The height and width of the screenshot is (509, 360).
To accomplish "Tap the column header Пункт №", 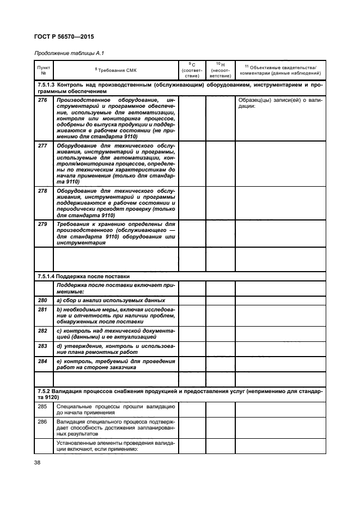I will coord(44,70).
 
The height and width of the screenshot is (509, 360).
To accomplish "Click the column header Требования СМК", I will coord(116,70).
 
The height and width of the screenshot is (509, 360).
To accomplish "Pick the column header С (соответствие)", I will coord(192,70).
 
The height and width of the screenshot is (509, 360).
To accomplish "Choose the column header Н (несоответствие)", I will coord(221,70).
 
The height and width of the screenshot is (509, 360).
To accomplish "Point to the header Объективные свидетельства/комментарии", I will coord(280,70).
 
